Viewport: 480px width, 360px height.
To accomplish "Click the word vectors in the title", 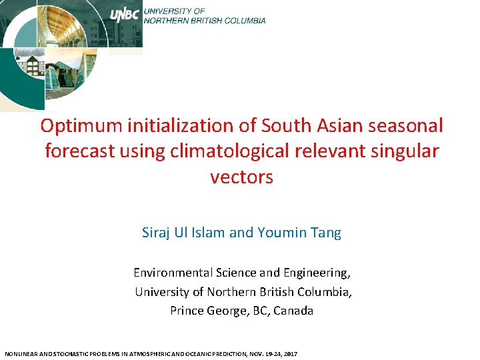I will click(241, 177).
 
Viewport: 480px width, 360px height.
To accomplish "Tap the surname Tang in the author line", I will click(327, 233).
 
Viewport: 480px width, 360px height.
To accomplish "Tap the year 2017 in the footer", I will click(290, 353).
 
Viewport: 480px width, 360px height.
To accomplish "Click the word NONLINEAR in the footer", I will click(20, 353).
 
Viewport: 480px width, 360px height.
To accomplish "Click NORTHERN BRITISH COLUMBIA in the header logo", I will click(205, 20).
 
